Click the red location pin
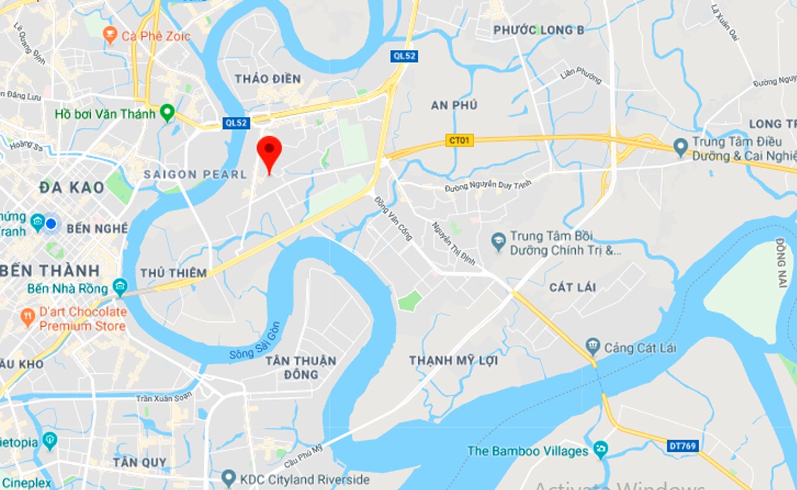click(x=269, y=152)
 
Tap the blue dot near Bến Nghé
click(x=51, y=224)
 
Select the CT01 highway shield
click(x=459, y=140)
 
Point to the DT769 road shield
click(x=683, y=446)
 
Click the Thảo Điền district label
click(x=268, y=79)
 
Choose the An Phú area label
click(x=454, y=105)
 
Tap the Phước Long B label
click(x=539, y=30)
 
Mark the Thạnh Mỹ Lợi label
click(x=453, y=360)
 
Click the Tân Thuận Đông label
click(x=301, y=367)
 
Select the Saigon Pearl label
click(x=195, y=174)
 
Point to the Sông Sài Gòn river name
click(x=255, y=341)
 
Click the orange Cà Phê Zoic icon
click(x=110, y=35)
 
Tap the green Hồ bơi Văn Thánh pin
click(x=167, y=113)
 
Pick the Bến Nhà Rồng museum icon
click(x=119, y=287)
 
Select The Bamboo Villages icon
click(x=600, y=451)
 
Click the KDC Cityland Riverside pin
click(x=228, y=478)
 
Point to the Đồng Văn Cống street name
click(x=393, y=218)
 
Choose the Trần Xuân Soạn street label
click(x=164, y=398)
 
